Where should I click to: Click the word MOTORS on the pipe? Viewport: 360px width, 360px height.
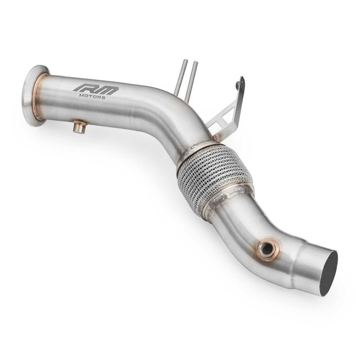(93, 96)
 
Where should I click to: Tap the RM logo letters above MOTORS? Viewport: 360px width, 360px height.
(96, 88)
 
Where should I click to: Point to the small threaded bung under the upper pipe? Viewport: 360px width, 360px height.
(79, 127)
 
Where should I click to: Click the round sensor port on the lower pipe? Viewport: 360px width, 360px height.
(267, 249)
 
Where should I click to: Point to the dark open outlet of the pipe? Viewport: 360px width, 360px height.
(328, 273)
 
